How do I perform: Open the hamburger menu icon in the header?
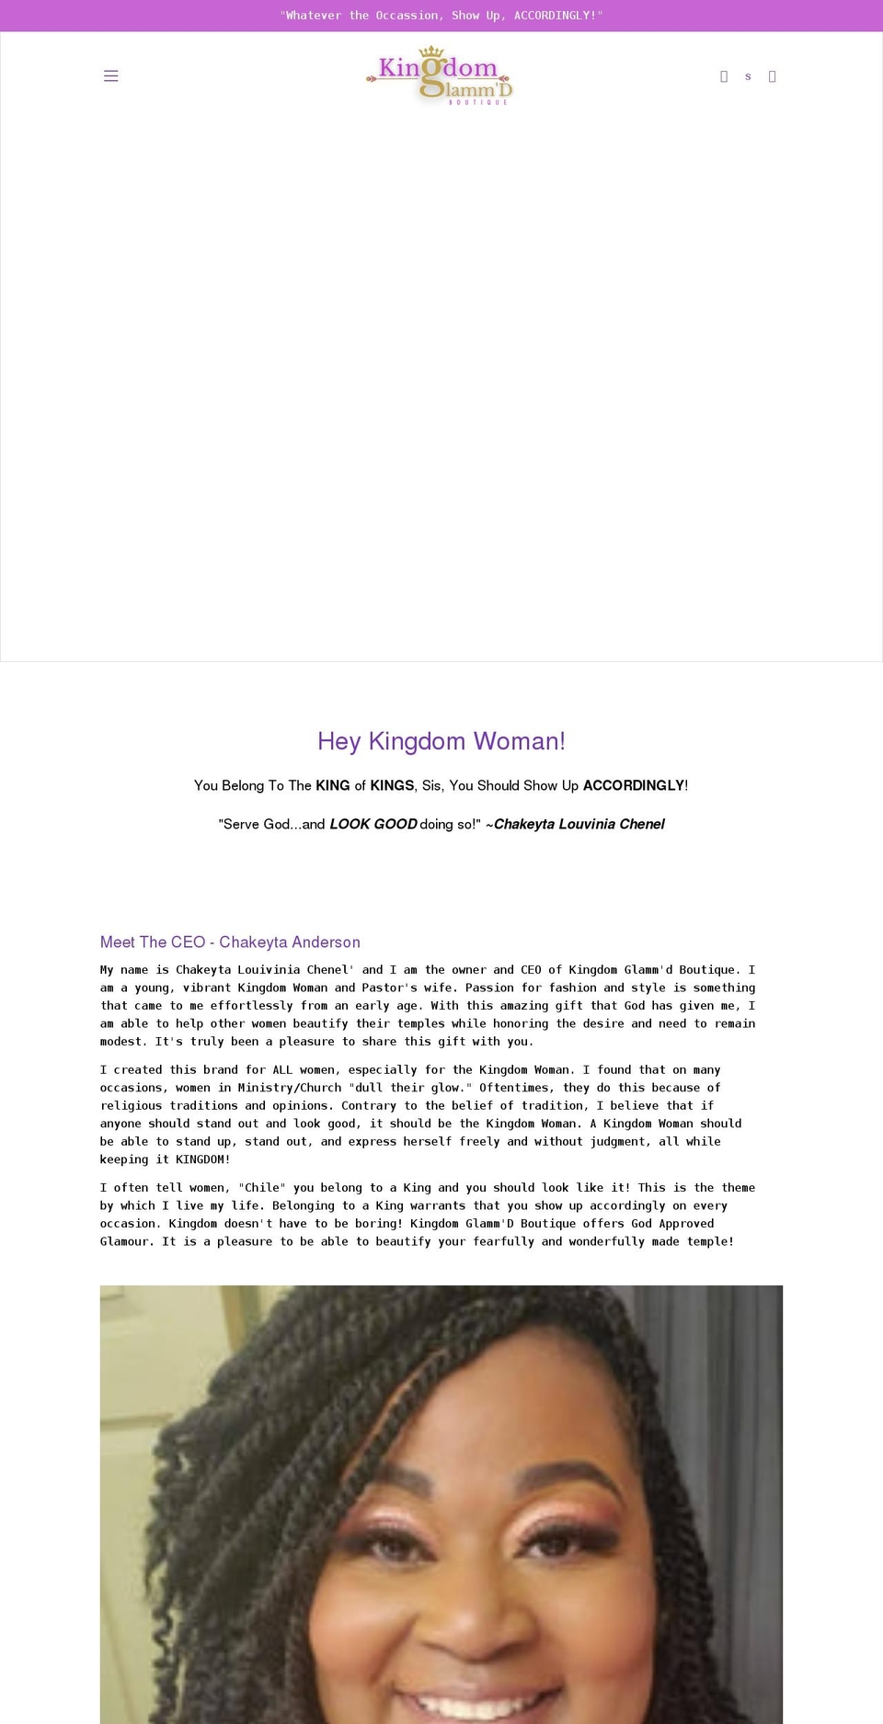point(111,76)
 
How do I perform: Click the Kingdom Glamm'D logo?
point(440,74)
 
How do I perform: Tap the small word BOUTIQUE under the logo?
point(478,102)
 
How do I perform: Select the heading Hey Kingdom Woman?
point(441,741)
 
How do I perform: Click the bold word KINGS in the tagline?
point(392,785)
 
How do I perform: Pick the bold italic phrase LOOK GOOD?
point(373,824)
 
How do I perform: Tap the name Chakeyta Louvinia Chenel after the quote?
point(579,824)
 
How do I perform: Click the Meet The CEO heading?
point(230,942)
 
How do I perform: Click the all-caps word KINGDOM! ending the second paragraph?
point(202,1159)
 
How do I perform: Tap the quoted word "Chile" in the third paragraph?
point(262,1188)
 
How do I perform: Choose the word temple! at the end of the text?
point(710,1241)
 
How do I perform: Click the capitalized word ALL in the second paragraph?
point(282,1070)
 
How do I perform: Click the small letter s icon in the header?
point(748,77)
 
